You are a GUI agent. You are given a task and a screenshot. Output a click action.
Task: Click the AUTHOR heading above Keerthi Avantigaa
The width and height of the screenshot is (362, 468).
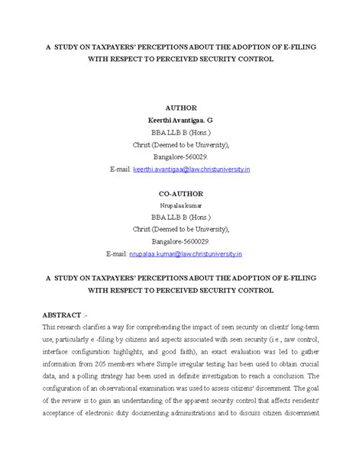180,108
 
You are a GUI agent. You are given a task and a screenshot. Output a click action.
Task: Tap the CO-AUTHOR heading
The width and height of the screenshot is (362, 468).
180,195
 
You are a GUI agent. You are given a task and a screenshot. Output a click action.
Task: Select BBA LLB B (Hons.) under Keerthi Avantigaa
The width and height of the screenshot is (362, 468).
180,131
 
